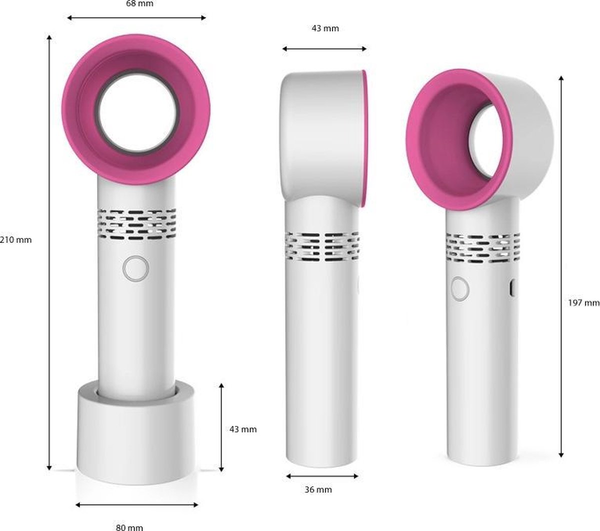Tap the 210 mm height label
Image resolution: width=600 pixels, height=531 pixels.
[x=16, y=239]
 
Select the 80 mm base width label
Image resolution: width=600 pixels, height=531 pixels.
[x=129, y=526]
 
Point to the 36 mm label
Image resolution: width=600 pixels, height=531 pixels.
[x=318, y=489]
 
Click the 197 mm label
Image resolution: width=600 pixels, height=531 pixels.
[x=583, y=302]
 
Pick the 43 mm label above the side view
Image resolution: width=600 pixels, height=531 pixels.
[x=325, y=28]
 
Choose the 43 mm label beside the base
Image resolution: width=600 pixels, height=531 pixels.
[x=242, y=429]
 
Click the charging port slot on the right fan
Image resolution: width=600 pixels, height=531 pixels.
[x=511, y=288]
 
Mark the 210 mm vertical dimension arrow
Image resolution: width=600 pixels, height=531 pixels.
[x=49, y=250]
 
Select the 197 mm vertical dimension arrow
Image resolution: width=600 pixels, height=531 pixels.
[x=561, y=265]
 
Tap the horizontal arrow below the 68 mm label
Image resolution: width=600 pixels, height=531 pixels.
[x=136, y=18]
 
